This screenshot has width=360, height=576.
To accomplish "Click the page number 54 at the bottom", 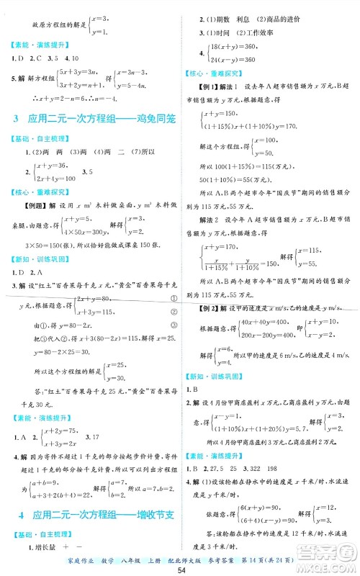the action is point(180,570).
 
